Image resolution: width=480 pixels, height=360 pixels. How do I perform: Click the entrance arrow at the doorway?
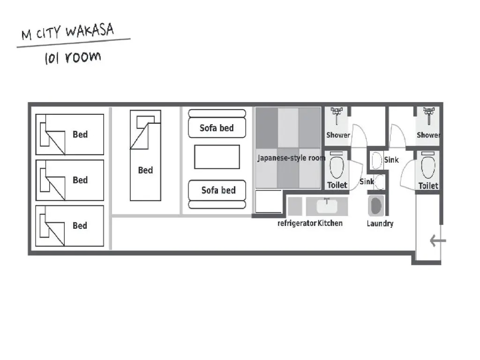[x=438, y=240]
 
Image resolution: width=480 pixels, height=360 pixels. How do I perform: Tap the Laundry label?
[x=380, y=224]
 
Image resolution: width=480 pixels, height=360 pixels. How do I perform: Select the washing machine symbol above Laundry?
[x=376, y=205]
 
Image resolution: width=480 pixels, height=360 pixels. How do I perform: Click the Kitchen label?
[x=330, y=223]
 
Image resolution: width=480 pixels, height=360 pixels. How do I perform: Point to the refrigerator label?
[x=297, y=224]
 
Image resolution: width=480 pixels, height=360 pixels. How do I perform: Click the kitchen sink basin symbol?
[x=327, y=206]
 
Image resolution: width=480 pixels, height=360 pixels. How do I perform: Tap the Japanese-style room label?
[x=291, y=158]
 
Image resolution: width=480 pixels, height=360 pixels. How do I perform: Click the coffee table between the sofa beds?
[x=217, y=157]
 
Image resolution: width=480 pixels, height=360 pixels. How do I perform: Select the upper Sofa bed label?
[x=217, y=128]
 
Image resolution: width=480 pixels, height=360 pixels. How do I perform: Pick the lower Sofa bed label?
[x=218, y=190]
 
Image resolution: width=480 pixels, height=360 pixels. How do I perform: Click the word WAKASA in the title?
[x=90, y=30]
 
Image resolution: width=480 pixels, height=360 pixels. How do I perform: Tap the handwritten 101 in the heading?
[x=52, y=58]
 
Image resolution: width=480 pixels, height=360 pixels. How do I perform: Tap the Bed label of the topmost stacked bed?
[x=80, y=135]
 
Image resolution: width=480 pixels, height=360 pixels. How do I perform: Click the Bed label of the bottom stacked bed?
[x=80, y=225]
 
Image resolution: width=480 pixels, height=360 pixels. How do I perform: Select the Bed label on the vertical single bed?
[x=145, y=170]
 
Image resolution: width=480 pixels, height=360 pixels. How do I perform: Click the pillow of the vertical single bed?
[x=145, y=122]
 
